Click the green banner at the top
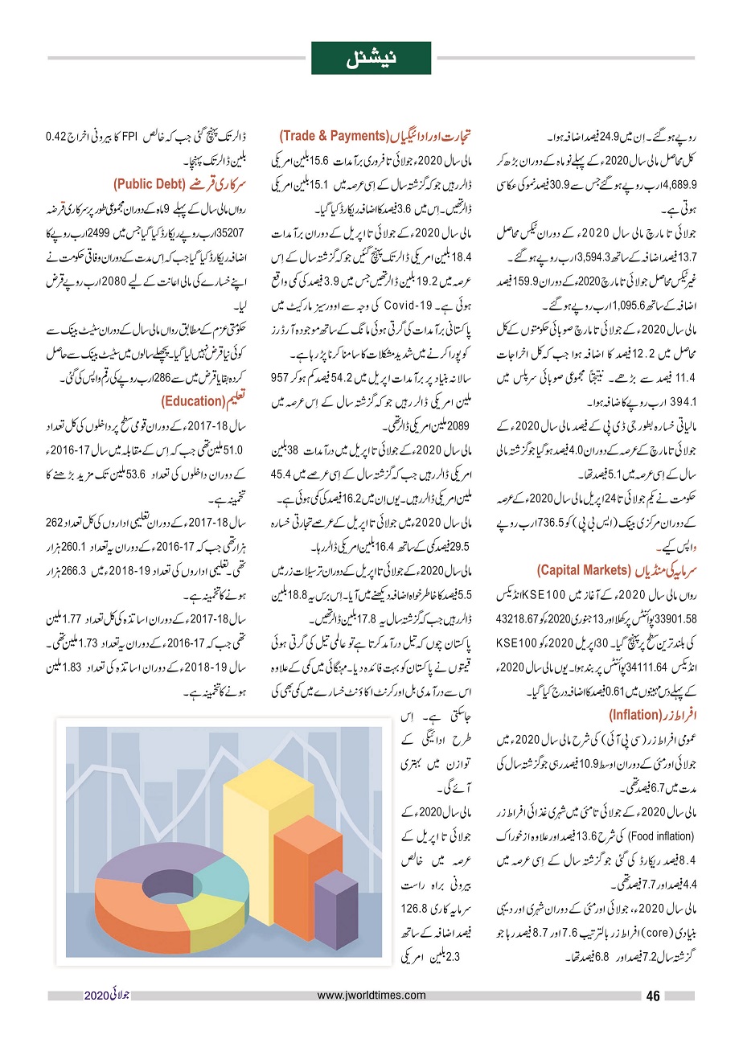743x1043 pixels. click(371, 58)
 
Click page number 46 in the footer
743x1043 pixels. click(653, 996)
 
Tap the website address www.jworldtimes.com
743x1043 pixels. click(371, 996)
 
